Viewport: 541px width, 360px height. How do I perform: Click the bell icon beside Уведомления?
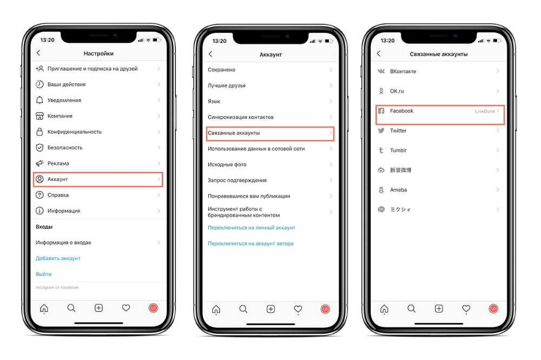pos(39,100)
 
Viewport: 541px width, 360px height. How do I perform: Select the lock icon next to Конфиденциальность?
pos(39,132)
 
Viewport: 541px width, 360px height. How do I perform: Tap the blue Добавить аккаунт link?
pos(58,258)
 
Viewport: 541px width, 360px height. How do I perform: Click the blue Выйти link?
pos(43,274)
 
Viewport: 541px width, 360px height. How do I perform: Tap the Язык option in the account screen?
pos(214,102)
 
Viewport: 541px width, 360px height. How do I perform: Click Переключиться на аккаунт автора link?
pos(250,243)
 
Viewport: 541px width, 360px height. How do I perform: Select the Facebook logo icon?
pos(381,111)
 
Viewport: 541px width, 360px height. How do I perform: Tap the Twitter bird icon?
pos(381,131)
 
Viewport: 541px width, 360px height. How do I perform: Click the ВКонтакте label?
pos(403,71)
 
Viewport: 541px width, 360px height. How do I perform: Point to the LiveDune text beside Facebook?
pos(485,111)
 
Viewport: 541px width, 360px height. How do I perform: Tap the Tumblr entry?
pos(398,150)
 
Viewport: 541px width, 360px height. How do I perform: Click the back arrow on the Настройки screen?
pos(38,53)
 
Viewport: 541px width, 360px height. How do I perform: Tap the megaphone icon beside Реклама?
pos(39,163)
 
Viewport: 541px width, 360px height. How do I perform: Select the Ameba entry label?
pos(398,190)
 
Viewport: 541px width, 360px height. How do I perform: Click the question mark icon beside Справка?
pos(39,195)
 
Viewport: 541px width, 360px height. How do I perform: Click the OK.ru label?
pos(397,91)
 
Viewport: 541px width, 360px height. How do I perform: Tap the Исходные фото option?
pos(227,165)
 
